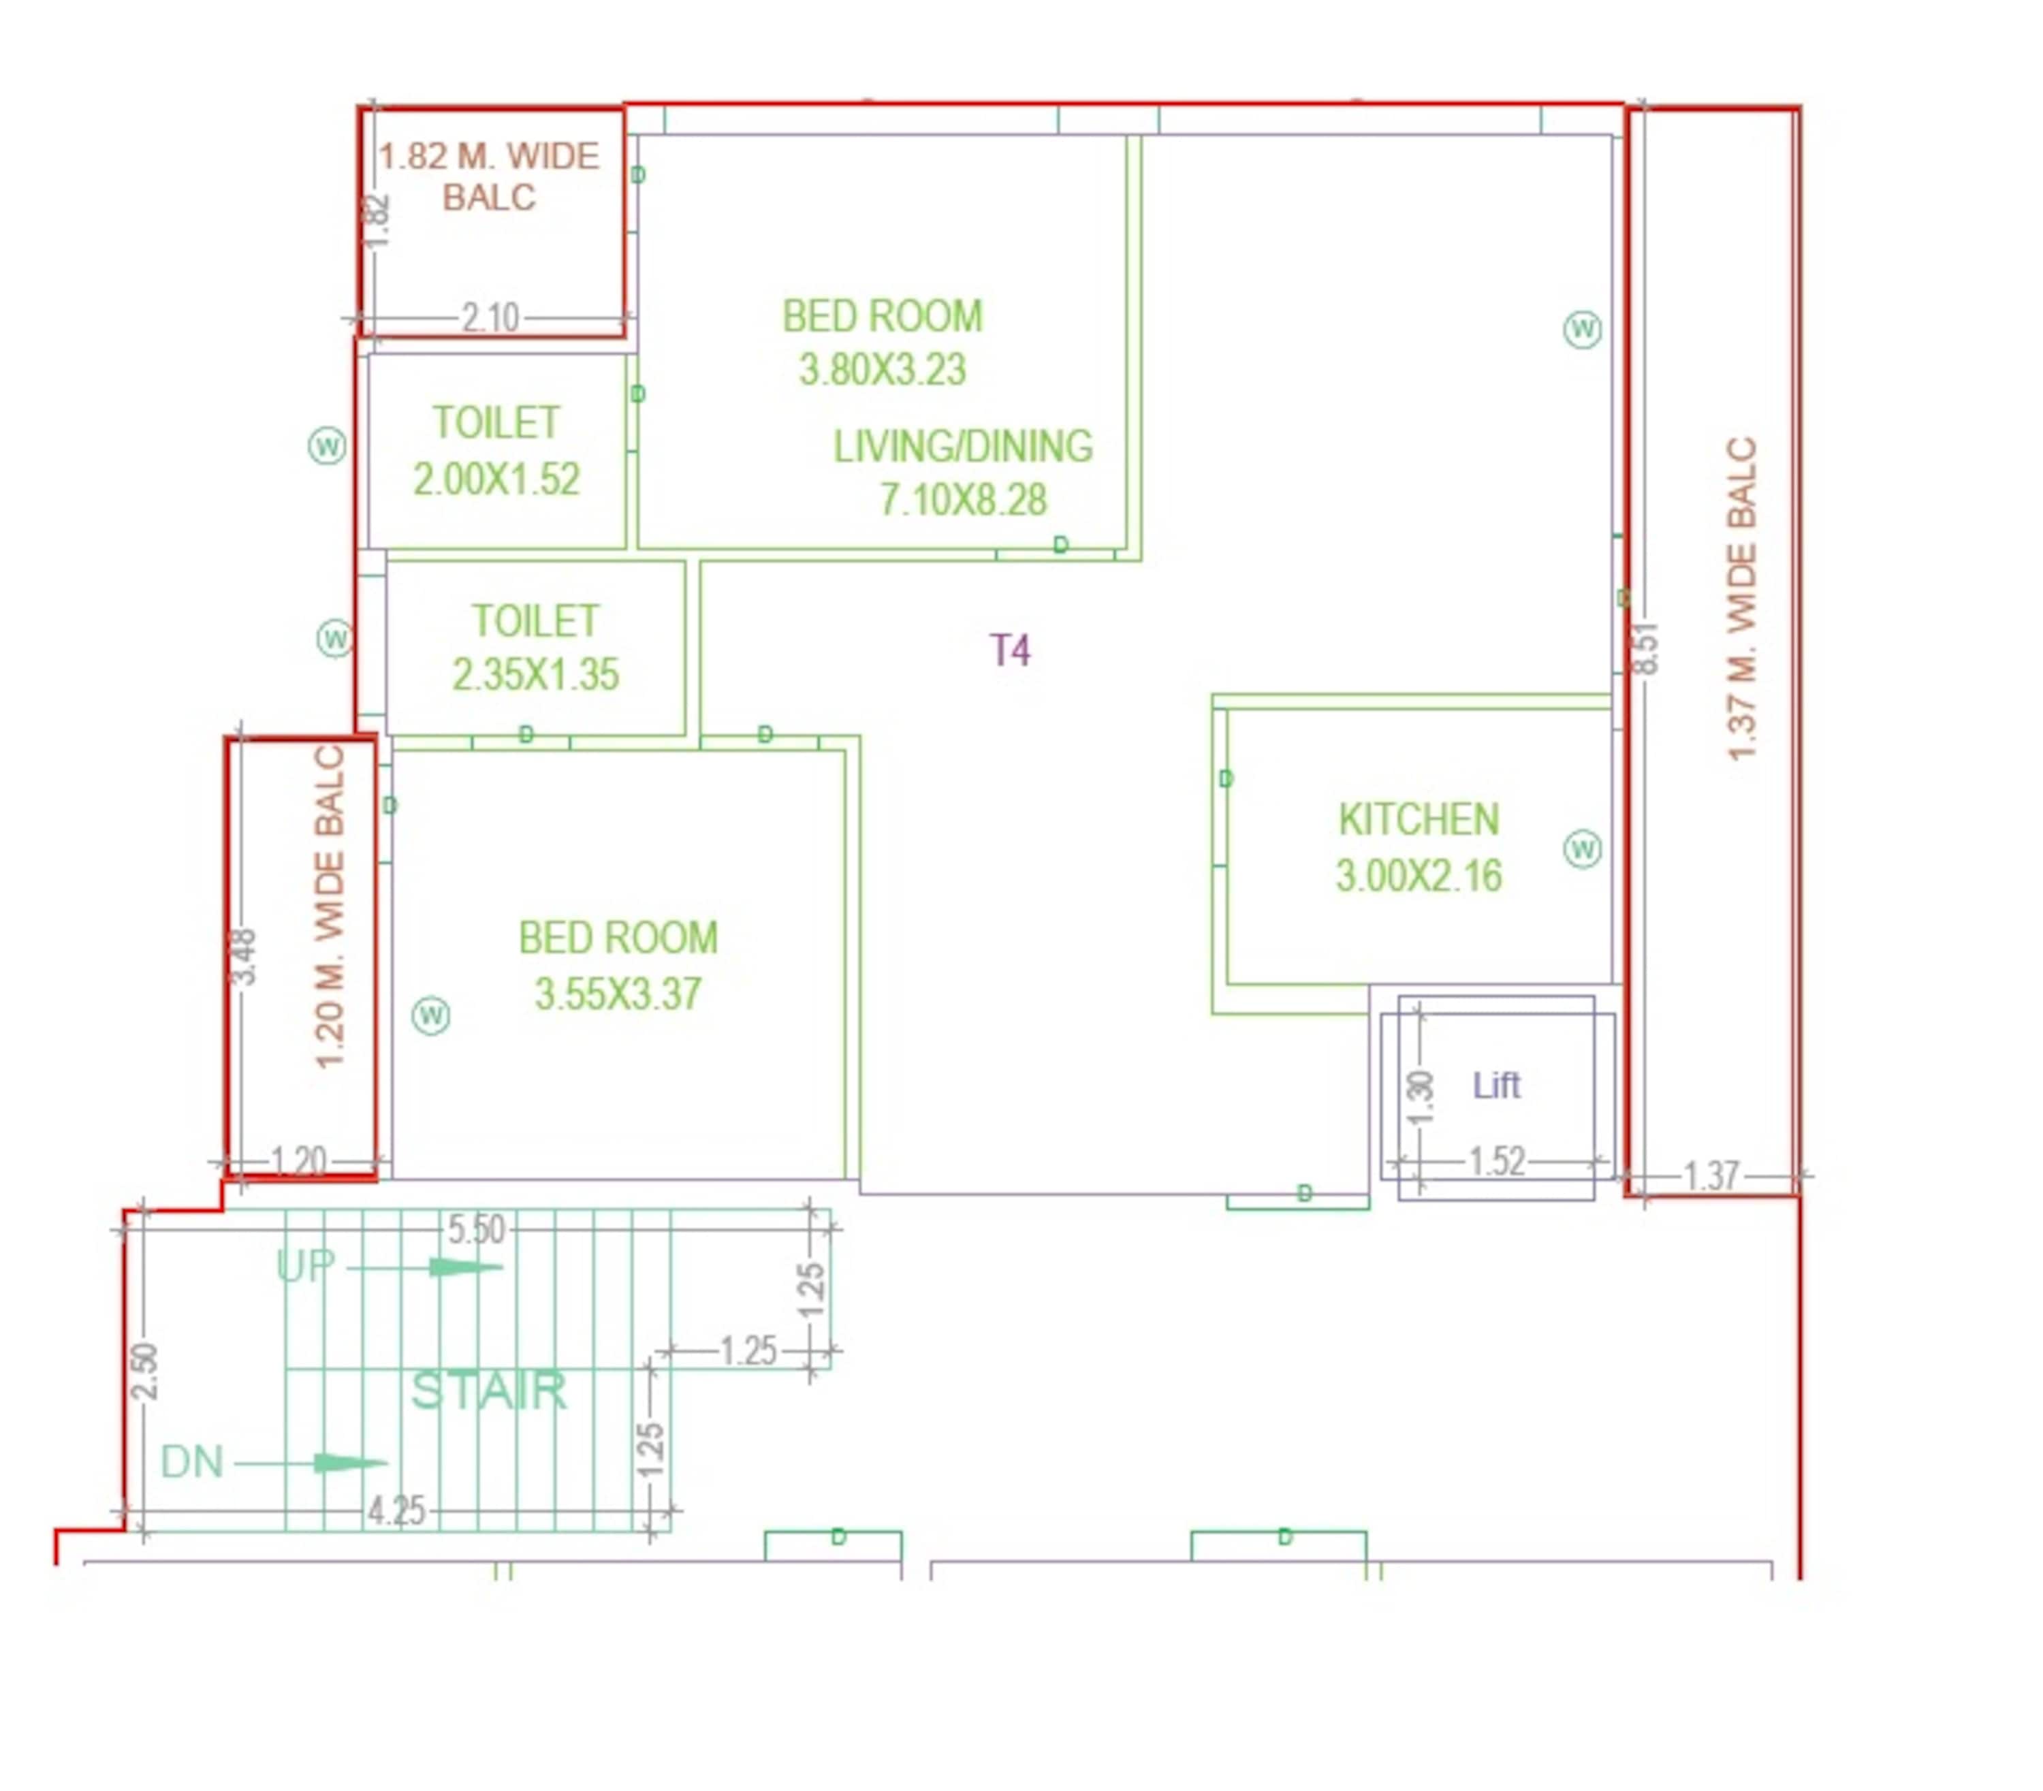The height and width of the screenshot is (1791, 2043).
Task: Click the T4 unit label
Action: click(x=1009, y=650)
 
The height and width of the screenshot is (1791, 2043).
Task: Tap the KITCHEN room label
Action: click(x=1419, y=819)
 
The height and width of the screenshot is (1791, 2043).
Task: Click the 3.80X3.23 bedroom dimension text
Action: click(x=883, y=369)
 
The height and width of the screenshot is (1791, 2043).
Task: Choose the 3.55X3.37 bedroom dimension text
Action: click(x=618, y=994)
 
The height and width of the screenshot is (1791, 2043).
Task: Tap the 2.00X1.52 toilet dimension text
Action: click(x=496, y=479)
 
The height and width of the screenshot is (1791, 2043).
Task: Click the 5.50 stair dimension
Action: click(x=476, y=1229)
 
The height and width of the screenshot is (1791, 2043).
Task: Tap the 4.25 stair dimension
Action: click(x=396, y=1510)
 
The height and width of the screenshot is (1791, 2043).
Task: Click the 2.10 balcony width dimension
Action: click(x=490, y=318)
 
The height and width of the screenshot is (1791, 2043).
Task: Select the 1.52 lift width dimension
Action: click(x=1496, y=1161)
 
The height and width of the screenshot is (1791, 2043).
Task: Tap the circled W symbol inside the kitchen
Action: click(x=1582, y=849)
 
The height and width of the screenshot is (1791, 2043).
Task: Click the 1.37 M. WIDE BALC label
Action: click(x=1741, y=599)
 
